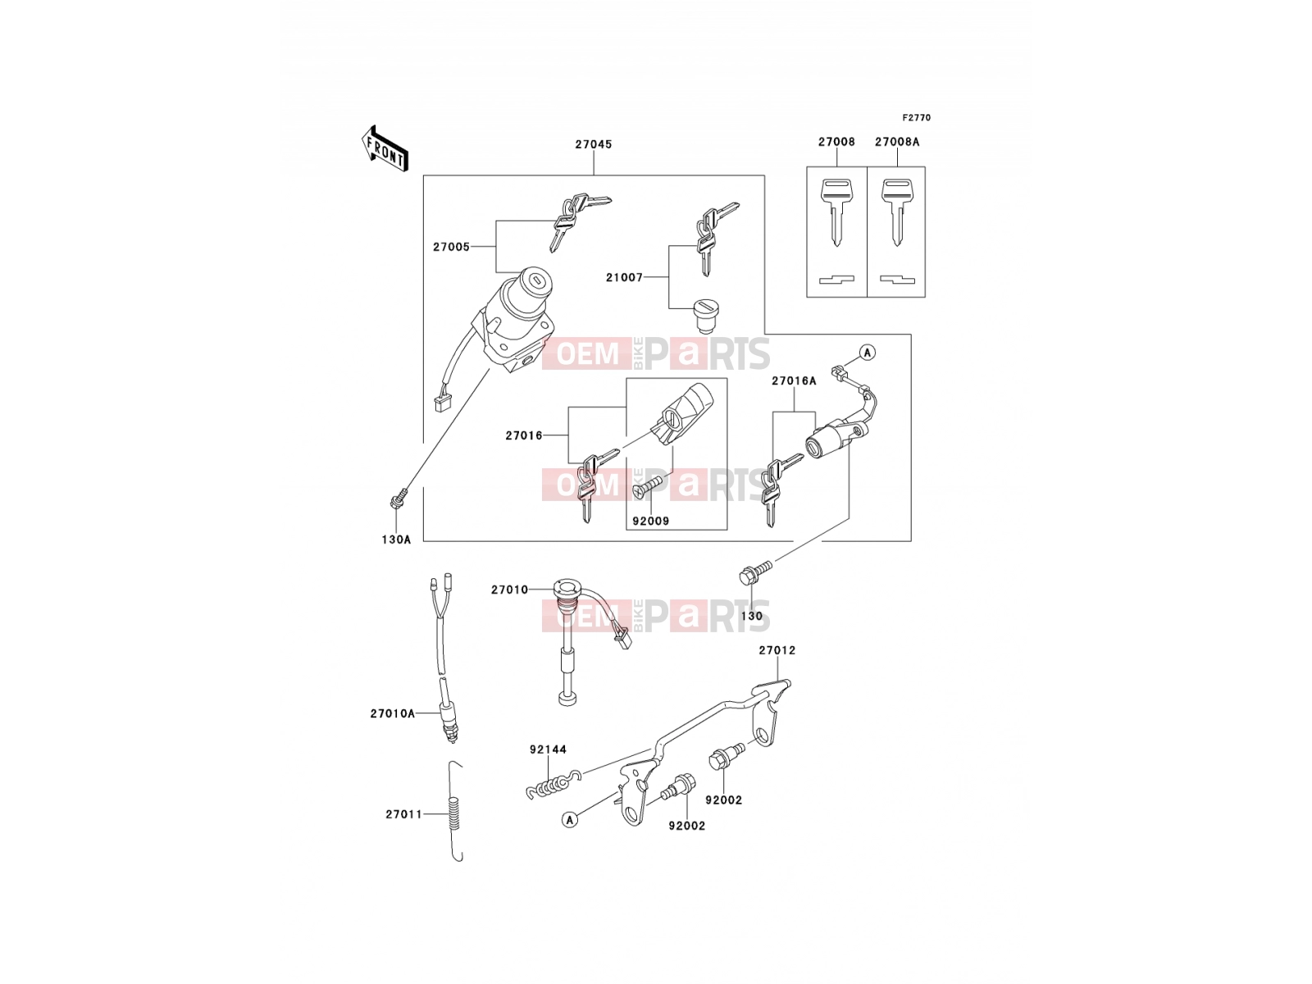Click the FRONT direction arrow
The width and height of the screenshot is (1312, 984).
click(385, 148)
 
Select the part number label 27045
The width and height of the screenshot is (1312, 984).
click(594, 144)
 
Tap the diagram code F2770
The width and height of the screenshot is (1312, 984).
click(916, 118)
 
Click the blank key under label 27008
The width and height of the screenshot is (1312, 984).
click(836, 212)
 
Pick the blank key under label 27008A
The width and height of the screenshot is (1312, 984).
click(896, 212)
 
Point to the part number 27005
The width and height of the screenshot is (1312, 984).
click(451, 247)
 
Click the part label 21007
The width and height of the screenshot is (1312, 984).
click(624, 277)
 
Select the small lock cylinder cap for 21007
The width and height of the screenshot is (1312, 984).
click(706, 315)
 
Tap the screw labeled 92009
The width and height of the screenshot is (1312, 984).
click(648, 485)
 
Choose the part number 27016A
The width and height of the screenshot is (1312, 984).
click(794, 380)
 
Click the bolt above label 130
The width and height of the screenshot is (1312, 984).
click(755, 572)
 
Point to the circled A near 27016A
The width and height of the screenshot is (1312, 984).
click(868, 353)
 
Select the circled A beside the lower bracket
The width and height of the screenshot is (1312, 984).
click(570, 820)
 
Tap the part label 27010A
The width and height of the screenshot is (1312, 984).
click(392, 713)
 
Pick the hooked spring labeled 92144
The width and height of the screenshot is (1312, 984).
click(553, 784)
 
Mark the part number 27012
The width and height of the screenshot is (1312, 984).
click(777, 650)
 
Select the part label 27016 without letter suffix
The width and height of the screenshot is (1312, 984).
click(524, 435)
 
